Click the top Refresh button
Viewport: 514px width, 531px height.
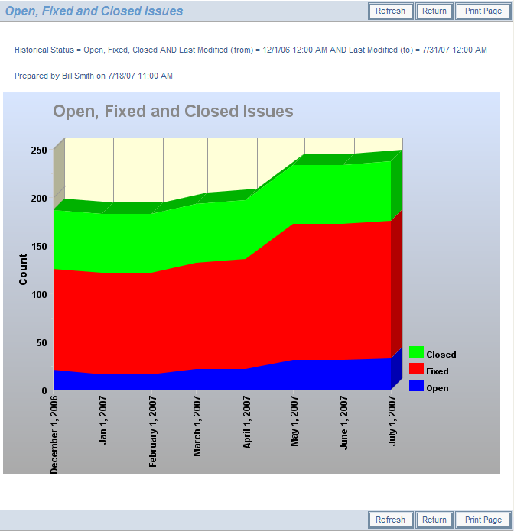pos(390,11)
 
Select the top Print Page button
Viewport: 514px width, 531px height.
pos(483,11)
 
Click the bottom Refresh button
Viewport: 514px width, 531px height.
pos(390,520)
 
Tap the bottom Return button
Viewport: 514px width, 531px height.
pos(434,520)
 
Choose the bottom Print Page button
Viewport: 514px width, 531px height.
pos(483,520)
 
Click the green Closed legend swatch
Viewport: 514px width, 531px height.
pos(417,353)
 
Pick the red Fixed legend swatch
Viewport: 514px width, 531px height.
pos(417,370)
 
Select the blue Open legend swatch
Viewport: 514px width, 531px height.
pos(417,387)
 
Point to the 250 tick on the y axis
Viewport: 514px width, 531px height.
pos(39,151)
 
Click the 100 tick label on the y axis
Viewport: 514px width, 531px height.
pos(39,294)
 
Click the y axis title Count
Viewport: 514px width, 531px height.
pos(23,270)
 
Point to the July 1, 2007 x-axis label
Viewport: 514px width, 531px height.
pos(393,420)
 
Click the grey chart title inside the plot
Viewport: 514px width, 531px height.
pos(173,112)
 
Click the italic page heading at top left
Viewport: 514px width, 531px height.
pos(94,11)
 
